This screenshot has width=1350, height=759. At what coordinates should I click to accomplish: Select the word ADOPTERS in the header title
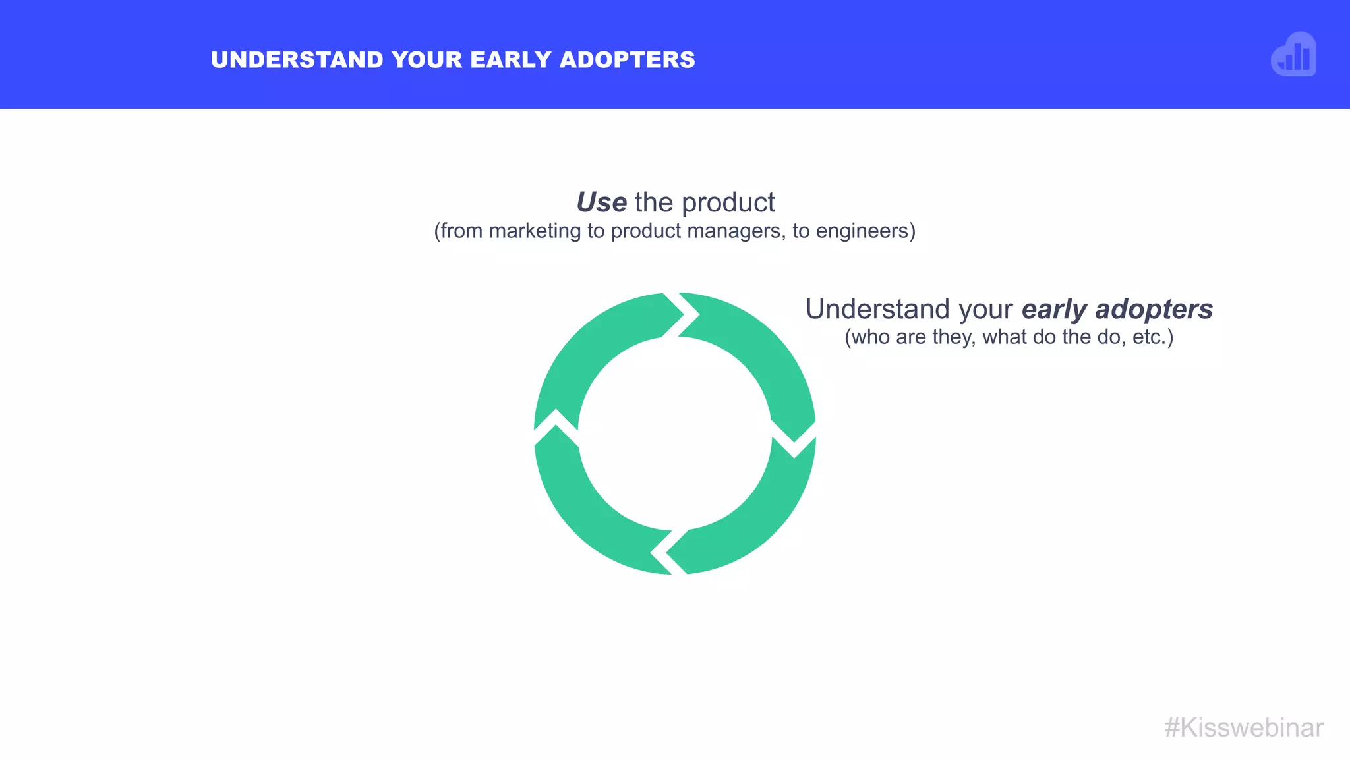pyautogui.click(x=627, y=60)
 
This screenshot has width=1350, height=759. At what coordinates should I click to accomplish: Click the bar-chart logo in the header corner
pyautogui.click(x=1293, y=55)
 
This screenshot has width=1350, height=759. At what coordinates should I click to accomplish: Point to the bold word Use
pyautogui.click(x=601, y=202)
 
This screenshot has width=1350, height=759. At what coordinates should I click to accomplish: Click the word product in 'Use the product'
pyautogui.click(x=728, y=202)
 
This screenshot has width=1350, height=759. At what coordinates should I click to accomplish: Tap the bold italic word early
pyautogui.click(x=1054, y=310)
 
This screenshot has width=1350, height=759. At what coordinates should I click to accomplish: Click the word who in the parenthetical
pyautogui.click(x=871, y=337)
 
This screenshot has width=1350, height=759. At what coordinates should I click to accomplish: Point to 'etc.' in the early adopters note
pyautogui.click(x=1152, y=337)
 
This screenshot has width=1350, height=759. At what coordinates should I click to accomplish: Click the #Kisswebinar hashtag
pyautogui.click(x=1244, y=728)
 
